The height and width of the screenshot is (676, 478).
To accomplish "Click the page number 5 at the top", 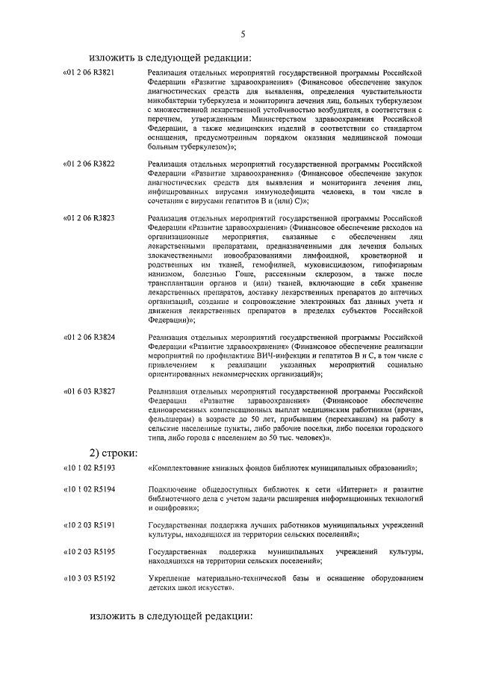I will [x=243, y=34].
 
